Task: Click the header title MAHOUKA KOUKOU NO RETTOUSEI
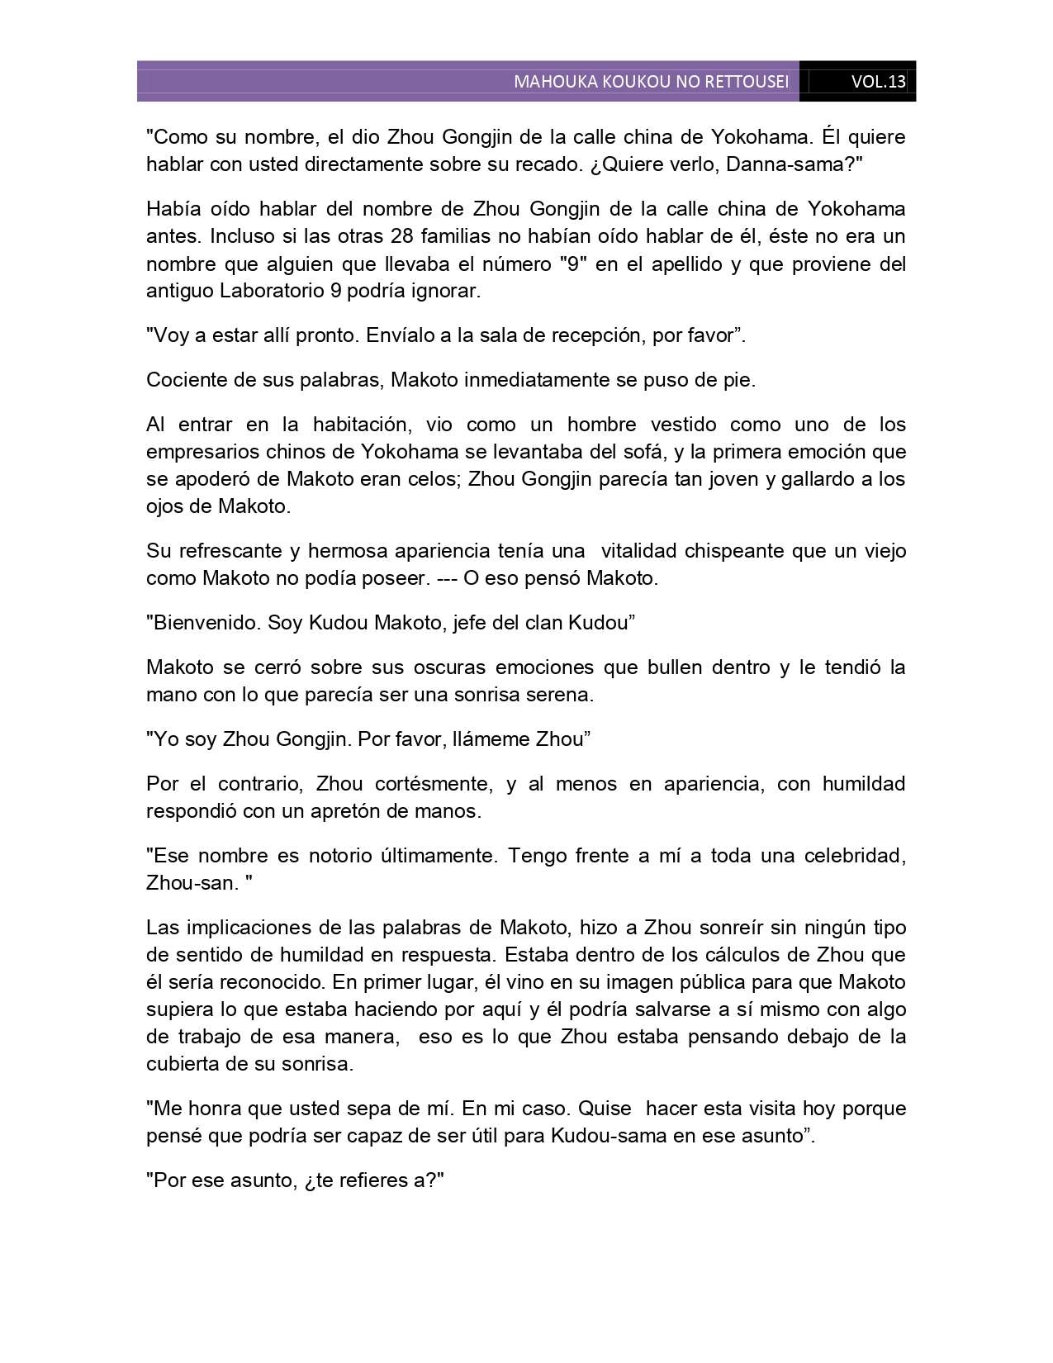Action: coord(651,82)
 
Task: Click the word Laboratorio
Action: coord(268,291)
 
